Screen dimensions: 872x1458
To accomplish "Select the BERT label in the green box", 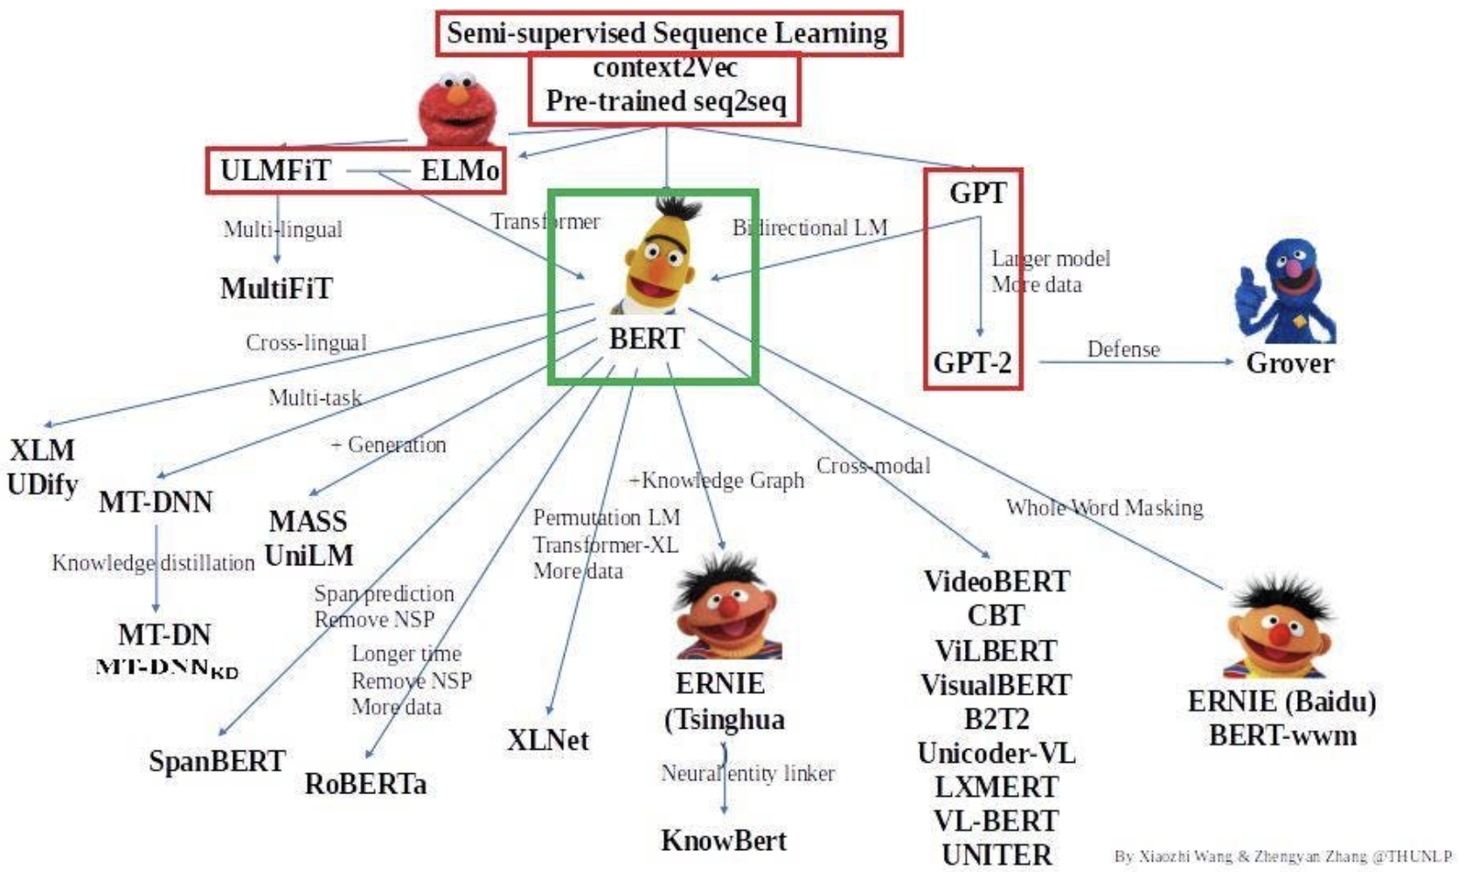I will point(646,338).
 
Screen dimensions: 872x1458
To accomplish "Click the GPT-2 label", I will point(972,362).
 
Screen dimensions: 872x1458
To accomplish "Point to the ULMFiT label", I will point(275,170).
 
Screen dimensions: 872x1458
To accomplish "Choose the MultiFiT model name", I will point(276,288).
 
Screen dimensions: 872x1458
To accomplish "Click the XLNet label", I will point(548,740).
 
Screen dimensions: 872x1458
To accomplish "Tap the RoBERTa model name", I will point(365,784).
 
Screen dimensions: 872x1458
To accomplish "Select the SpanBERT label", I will point(217,761).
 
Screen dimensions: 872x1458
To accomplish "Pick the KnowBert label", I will point(724,841).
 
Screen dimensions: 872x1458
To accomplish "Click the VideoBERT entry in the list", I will point(996,581).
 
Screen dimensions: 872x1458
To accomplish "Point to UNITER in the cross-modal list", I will point(996,855).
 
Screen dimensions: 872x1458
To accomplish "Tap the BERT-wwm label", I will point(1282,736).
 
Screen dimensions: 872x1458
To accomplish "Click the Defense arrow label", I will point(1123,349).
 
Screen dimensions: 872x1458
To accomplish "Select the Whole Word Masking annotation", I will point(1104,508).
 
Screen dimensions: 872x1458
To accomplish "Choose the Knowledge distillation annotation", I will point(153,563).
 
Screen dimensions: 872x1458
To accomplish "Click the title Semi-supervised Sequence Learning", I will point(667,33).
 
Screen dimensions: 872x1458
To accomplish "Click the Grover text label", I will point(1289,363).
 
